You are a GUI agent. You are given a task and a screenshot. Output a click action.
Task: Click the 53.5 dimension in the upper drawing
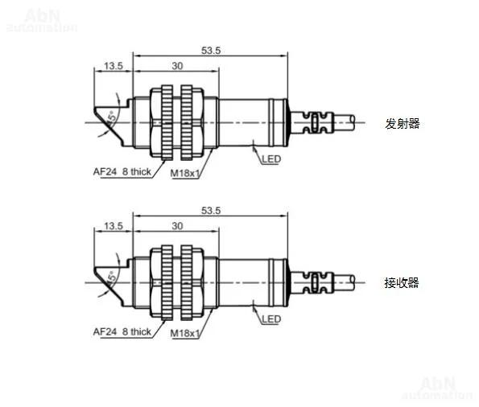[x=211, y=51]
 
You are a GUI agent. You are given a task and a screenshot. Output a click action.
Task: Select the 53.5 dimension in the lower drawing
[x=211, y=211]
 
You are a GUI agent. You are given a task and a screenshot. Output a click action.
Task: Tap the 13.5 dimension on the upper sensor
[x=114, y=66]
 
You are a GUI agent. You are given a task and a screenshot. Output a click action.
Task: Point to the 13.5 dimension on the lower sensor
[x=114, y=226]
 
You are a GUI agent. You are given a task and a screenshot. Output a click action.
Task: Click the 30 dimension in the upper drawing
[x=177, y=66]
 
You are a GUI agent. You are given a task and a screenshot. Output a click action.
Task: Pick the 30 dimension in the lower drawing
[x=177, y=226]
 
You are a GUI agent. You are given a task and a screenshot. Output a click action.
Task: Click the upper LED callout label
[x=271, y=159]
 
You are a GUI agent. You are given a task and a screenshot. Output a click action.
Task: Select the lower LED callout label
[x=271, y=319]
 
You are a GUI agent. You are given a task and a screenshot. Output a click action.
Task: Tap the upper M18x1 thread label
[x=185, y=173]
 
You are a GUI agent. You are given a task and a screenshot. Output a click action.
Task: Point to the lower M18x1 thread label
[x=185, y=333]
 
